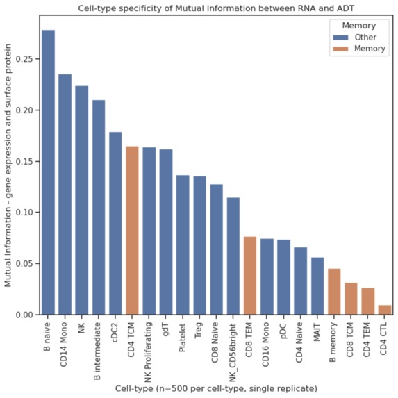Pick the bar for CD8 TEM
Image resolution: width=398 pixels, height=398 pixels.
pyautogui.click(x=250, y=276)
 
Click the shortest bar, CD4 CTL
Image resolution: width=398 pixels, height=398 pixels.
pyautogui.click(x=384, y=310)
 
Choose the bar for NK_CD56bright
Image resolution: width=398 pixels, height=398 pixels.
pyautogui.click(x=233, y=256)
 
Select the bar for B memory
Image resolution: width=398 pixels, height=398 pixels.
pyautogui.click(x=334, y=292)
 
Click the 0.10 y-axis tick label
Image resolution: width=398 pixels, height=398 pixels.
pyautogui.click(x=22, y=213)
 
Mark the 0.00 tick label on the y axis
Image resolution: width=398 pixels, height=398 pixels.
pyautogui.click(x=22, y=315)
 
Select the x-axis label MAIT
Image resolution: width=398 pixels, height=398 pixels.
pyautogui.click(x=317, y=330)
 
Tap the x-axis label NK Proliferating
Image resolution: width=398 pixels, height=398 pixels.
pyautogui.click(x=149, y=347)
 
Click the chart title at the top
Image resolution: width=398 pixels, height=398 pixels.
pyautogui.click(x=216, y=8)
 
